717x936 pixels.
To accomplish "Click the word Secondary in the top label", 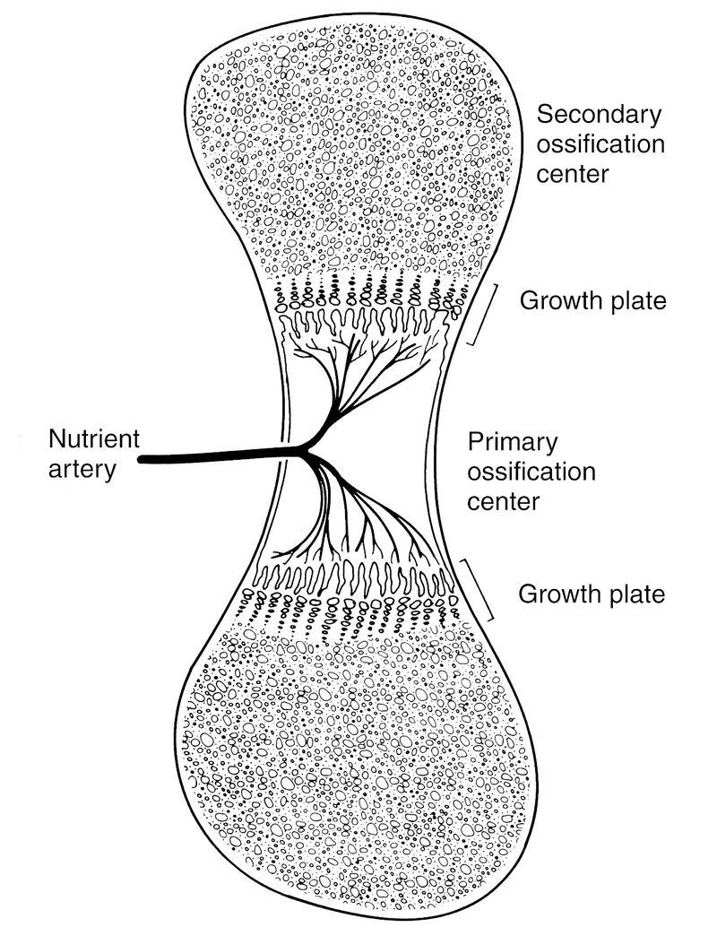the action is tap(599, 114).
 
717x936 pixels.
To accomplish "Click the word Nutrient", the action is tap(93, 438).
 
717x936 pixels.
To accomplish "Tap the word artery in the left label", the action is tap(82, 469).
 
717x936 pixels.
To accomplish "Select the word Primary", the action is tap(513, 443).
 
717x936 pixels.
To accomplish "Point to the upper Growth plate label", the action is tap(592, 300).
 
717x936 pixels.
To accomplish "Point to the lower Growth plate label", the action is tap(592, 594).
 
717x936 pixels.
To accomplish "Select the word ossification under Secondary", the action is tap(600, 144).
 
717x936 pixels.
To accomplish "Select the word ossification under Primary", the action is tap(531, 472).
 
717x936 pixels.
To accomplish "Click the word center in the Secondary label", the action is tap(572, 174).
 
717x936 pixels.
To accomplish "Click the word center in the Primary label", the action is tap(503, 502).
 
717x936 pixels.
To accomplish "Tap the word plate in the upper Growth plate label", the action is tap(635, 301).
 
